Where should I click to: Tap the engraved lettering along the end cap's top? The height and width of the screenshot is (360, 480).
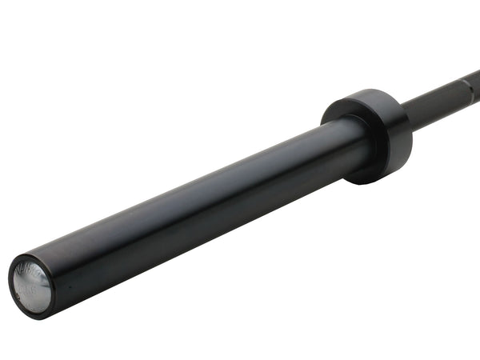(30, 267)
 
